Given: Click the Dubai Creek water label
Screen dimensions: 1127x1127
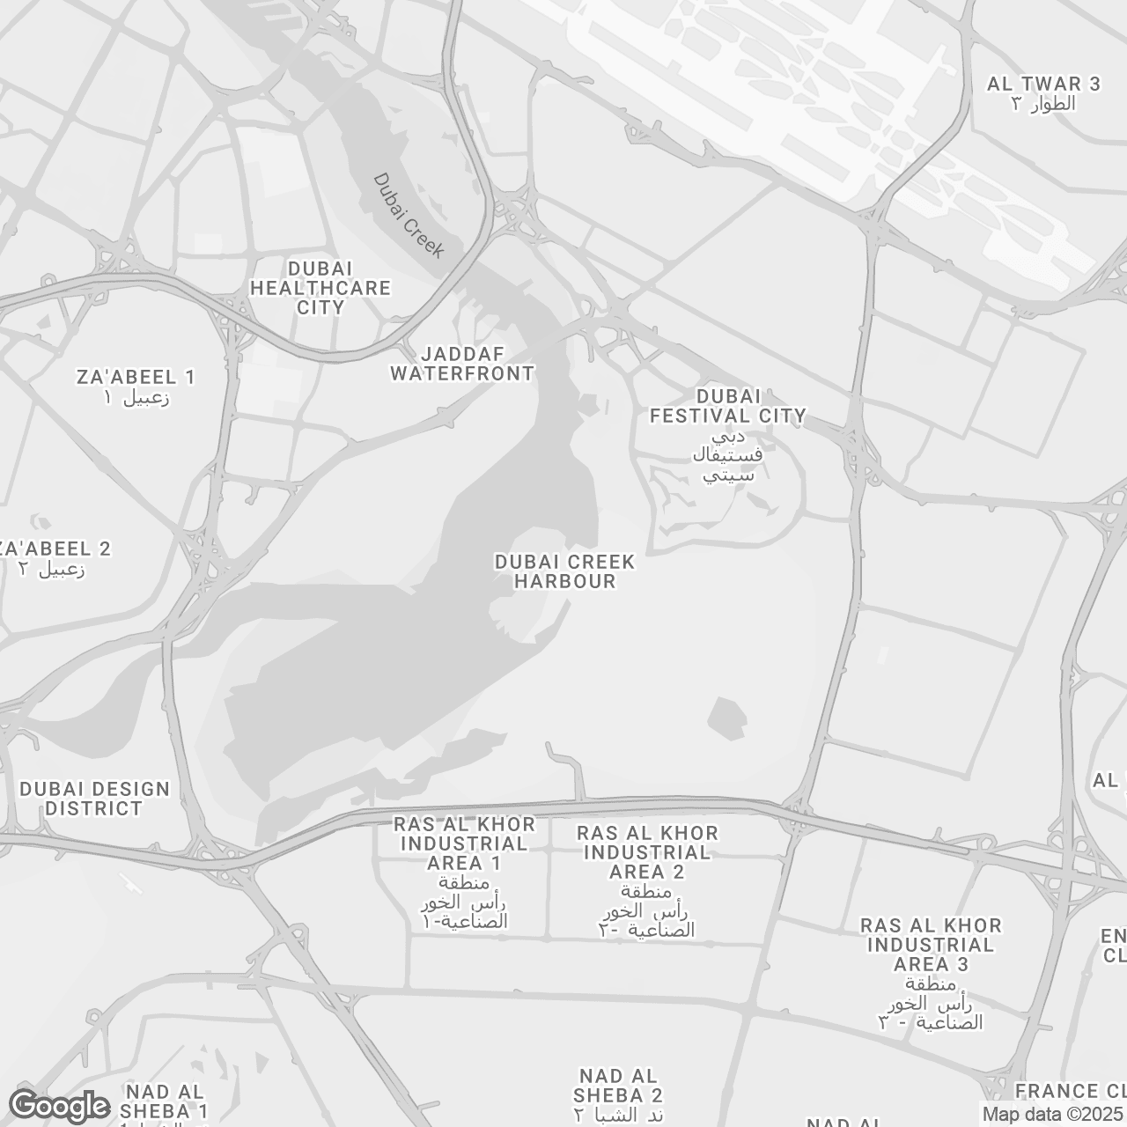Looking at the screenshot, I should pos(409,215).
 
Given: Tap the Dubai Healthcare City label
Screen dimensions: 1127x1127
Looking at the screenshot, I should pos(320,288).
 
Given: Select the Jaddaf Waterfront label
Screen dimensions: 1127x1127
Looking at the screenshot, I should pos(462,364).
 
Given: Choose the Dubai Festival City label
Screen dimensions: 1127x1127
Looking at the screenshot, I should pos(727,407).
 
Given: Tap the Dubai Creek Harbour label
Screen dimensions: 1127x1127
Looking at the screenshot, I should pos(564,571).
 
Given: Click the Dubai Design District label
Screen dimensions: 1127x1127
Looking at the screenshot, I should pos(94,799).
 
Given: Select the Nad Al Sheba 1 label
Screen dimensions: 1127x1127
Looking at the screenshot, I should pos(166,1101).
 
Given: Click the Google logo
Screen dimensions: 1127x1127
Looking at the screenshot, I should pos(59,1106).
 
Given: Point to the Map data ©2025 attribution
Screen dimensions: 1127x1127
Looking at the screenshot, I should pos(1053,1115).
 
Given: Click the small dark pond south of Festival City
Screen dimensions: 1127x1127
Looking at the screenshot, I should pos(727,718).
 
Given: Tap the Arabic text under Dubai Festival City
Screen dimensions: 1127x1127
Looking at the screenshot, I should pos(727,456).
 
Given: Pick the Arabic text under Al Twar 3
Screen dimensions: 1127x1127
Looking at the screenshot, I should pos(1043,104).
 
